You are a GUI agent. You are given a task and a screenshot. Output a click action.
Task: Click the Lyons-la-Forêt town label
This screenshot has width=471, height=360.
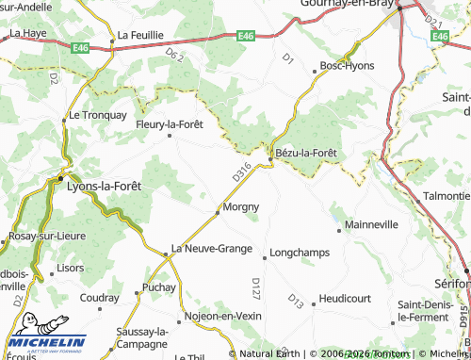[106, 187]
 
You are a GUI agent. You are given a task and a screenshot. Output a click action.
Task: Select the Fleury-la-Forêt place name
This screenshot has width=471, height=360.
[170, 123]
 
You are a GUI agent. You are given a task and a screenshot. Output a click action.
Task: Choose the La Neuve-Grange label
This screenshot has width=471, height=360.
[211, 250]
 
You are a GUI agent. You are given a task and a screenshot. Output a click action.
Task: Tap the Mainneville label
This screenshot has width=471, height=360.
[371, 226]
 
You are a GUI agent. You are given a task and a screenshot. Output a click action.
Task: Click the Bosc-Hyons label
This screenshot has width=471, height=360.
[347, 66]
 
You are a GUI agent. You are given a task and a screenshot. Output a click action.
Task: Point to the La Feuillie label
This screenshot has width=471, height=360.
[140, 35]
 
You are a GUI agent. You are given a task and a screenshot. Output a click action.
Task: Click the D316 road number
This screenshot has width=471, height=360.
[241, 172]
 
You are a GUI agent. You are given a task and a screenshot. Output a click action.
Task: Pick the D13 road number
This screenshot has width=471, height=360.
[296, 303]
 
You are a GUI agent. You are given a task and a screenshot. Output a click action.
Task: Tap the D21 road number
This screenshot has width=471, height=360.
[432, 20]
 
